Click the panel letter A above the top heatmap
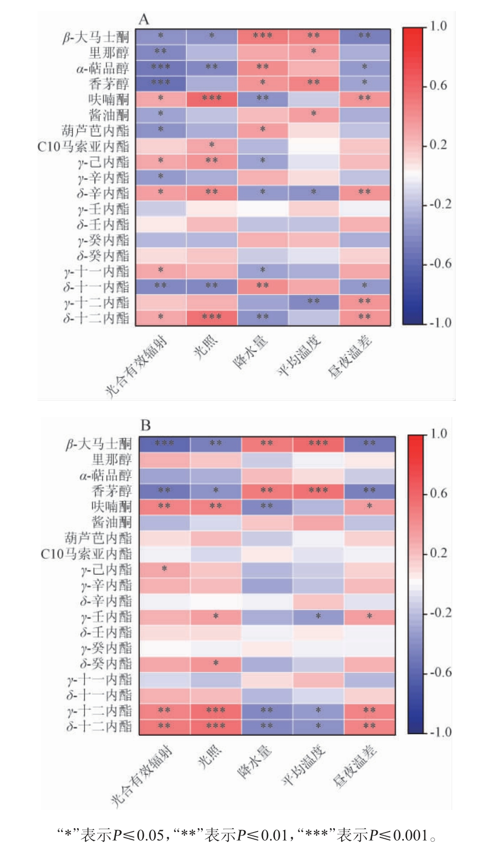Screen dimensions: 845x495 144,20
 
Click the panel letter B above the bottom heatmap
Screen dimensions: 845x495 146,425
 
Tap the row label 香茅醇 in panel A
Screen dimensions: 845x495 109,84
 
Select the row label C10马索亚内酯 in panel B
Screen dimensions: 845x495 86,554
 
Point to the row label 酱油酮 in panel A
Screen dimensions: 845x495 109,115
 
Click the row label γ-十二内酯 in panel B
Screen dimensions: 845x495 99,710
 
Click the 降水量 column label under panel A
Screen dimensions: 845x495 250,353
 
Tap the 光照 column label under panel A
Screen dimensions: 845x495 205,347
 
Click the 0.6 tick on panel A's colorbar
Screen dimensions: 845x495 438,86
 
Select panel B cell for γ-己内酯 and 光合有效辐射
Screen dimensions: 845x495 164,570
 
